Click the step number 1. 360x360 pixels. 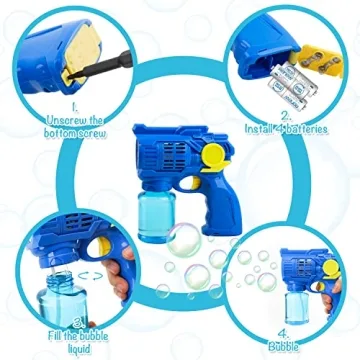coord(73,104)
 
